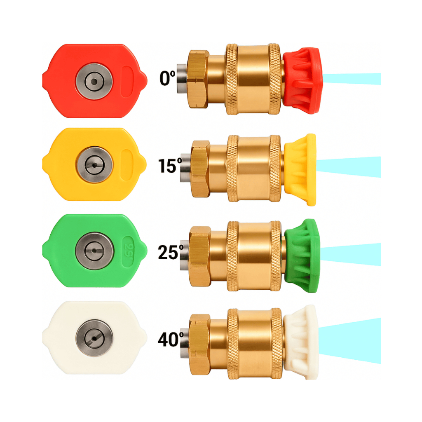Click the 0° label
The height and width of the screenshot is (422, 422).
coord(167,78)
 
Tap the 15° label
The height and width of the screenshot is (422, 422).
coord(170,166)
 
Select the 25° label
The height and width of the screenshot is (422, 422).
coord(171,252)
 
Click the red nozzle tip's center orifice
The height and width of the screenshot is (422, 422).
coord(94,81)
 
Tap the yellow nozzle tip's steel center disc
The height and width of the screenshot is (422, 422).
coord(94,165)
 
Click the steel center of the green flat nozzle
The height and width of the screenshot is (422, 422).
coord(94,251)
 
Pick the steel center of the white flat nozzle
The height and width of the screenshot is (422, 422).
coord(94,338)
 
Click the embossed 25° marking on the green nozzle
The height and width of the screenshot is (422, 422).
coord(129,251)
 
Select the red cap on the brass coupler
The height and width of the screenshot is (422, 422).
coord(302,80)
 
